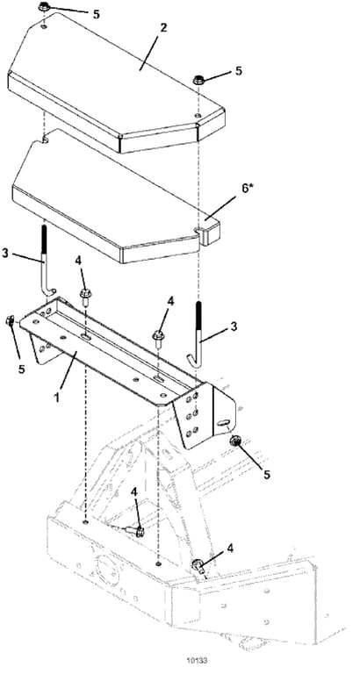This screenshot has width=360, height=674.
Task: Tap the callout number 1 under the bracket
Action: pos(56,397)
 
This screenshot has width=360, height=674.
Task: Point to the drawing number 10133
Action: pos(195,659)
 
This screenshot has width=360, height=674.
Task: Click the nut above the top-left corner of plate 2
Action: pos(44,7)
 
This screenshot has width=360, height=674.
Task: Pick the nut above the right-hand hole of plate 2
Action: pos(198,80)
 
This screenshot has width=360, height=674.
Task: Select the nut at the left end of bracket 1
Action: pos(10,320)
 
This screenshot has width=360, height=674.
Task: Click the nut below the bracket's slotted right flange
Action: pos(236,441)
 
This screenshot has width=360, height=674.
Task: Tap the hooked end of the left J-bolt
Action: pos(50,292)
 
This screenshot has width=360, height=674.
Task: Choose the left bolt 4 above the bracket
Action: pos(84,297)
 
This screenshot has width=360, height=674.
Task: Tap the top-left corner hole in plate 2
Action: pos(44,26)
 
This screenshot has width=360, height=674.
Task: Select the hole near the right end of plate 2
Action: pos(197,115)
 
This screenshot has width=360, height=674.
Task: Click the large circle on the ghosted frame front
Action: pos(105,568)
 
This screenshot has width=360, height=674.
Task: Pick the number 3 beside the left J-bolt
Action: pos(5,253)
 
